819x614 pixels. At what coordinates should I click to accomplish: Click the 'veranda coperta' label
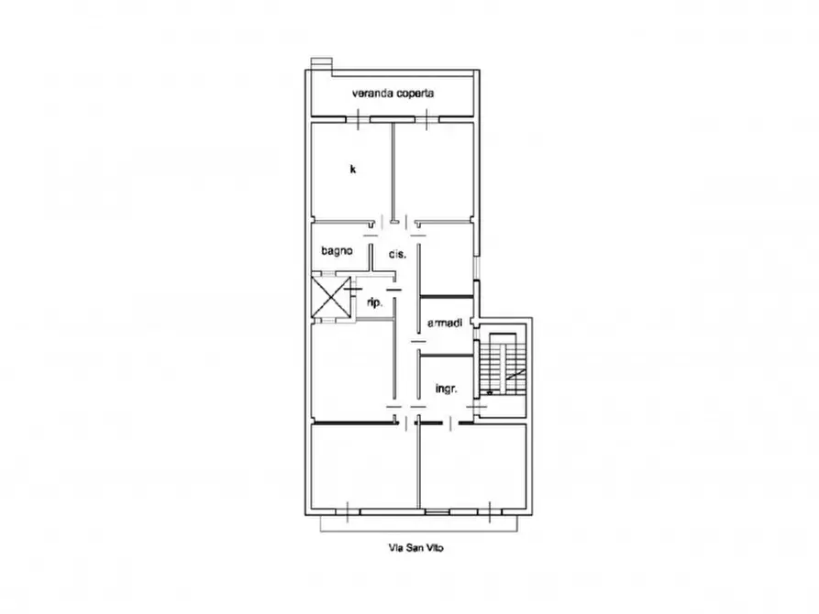tap(393, 93)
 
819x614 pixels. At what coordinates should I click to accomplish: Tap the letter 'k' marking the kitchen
tap(352, 169)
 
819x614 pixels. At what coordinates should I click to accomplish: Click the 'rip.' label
tap(373, 302)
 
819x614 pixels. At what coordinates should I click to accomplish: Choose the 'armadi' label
tap(445, 323)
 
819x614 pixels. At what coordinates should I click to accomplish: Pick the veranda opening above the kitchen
tap(355, 118)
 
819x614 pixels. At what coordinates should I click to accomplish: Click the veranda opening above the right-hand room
tap(428, 118)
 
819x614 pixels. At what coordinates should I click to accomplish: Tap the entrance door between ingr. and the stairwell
tap(476, 406)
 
